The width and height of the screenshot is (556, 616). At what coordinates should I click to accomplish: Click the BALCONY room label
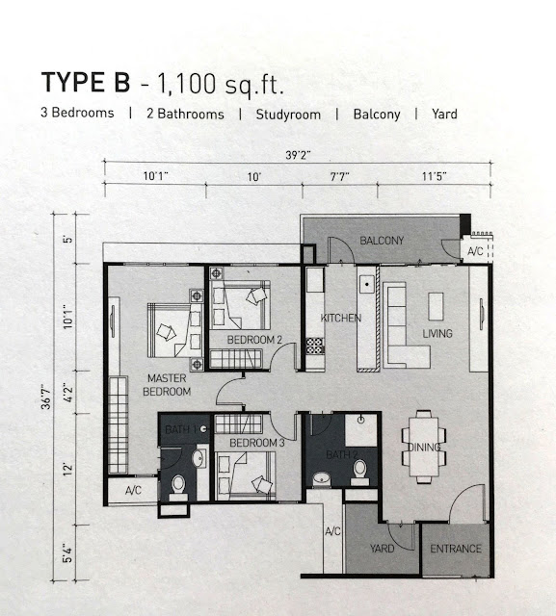382,241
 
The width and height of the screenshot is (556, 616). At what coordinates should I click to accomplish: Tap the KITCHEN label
341,318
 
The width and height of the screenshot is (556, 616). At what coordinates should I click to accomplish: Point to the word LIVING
437,334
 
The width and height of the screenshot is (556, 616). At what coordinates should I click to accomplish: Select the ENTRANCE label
456,549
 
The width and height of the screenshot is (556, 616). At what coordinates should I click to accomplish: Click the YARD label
382,548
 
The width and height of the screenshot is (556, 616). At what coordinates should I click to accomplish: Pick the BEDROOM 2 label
254,340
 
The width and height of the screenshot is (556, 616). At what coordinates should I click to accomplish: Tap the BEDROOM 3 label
256,443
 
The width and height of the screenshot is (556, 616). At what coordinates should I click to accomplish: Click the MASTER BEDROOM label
167,385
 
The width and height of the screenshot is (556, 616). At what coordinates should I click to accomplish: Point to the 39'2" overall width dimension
298,155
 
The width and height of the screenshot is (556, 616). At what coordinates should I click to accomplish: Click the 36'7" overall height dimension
47,398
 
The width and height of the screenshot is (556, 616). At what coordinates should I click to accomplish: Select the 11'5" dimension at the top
435,176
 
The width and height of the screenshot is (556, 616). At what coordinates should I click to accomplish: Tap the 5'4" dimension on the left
67,552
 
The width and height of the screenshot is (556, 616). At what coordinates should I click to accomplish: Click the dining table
424,447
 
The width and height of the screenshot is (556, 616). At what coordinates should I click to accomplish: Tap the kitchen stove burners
315,346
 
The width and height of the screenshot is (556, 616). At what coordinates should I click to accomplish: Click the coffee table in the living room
436,306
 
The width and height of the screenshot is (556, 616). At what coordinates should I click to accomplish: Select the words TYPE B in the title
86,83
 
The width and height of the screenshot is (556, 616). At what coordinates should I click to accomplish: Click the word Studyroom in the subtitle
288,115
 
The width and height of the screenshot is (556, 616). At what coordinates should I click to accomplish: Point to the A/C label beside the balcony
475,251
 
